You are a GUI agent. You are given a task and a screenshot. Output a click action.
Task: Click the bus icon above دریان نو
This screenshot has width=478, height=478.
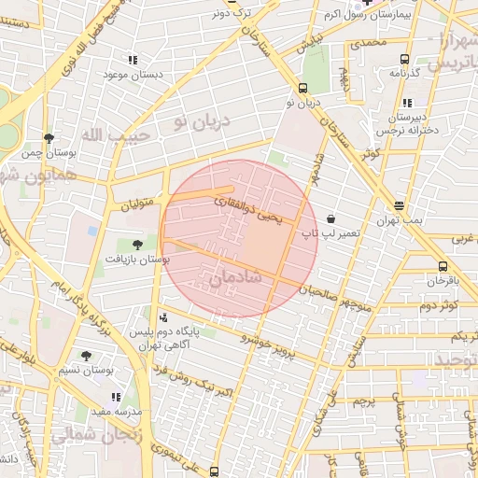coord(302,87)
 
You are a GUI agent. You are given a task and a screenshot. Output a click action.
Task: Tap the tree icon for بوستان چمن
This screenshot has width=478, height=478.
coord(49,138)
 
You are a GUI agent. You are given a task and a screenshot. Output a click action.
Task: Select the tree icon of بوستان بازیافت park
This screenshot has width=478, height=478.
coord(138,245)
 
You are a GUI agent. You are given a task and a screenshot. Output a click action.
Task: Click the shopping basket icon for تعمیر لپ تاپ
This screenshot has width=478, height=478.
coord(331,218)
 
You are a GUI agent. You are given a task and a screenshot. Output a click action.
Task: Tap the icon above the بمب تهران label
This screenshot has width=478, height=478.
coord(400,205)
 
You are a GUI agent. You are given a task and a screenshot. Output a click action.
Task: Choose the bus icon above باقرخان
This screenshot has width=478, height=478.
coord(443,266)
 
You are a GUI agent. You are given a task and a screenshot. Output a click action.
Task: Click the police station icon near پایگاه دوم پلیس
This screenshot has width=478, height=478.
coord(165,316)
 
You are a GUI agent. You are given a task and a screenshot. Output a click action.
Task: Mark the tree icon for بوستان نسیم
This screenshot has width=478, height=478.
coord(86,356)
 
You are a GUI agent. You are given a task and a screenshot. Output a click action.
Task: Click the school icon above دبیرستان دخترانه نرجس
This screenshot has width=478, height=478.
coord(406,103)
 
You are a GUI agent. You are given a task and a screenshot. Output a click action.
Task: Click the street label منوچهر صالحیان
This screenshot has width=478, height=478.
coord(335,298)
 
